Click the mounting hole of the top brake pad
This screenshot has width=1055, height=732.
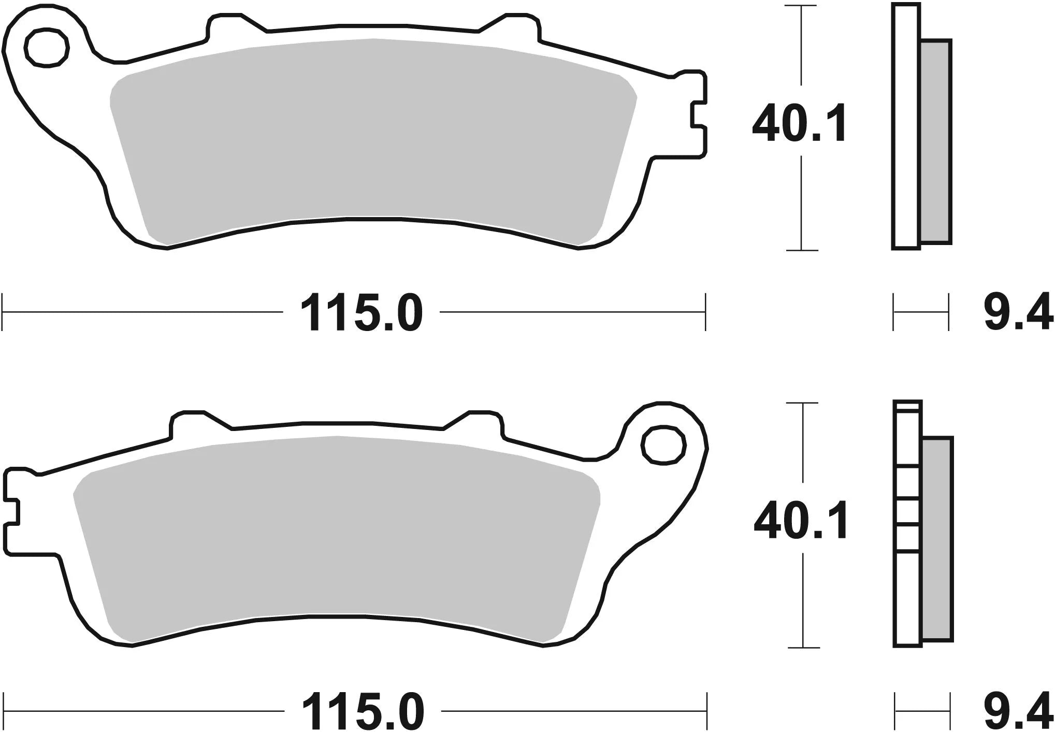point(47,48)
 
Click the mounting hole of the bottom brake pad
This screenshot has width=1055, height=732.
point(663,444)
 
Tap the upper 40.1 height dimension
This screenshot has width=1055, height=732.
point(799,124)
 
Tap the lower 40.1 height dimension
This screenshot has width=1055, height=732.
point(801,520)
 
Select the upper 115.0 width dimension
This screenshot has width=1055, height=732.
point(361,313)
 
